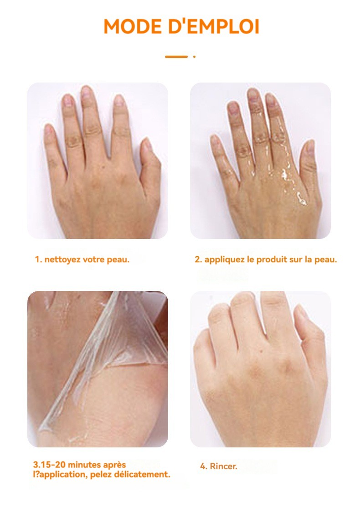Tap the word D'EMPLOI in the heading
pos(214,26)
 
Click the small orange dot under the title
pos(194,57)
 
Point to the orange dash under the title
pos(176,57)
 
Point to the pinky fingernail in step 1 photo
pos(48,129)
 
